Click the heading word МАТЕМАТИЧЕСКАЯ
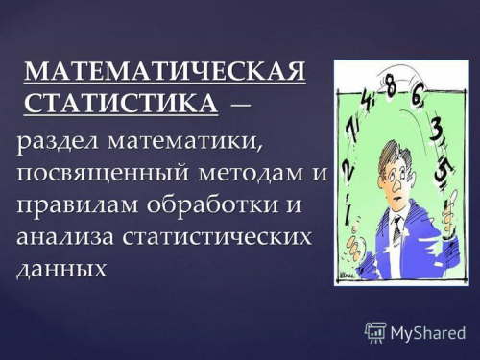pyautogui.click(x=166, y=72)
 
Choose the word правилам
pyautogui.click(x=76, y=206)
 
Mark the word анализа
pyautogui.click(x=65, y=237)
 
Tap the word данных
pyautogui.click(x=60, y=268)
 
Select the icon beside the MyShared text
pyautogui.click(x=375, y=333)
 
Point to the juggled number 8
pyautogui.click(x=392, y=86)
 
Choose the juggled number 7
pyautogui.click(x=352, y=132)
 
